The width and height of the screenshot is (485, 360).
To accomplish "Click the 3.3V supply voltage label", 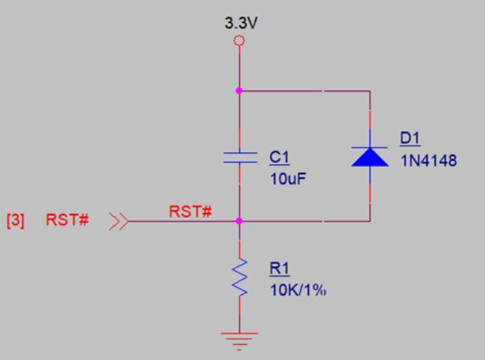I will [x=240, y=24].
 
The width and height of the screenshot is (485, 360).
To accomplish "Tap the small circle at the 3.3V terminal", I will [x=239, y=41].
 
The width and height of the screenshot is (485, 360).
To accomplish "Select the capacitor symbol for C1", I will [x=239, y=157].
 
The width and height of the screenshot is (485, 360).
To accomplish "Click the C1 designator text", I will [x=280, y=157].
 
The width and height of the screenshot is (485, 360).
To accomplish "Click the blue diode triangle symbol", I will [x=370, y=155].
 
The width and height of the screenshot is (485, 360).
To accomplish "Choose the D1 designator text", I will [x=411, y=139].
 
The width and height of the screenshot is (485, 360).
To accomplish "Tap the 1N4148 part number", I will [x=428, y=162].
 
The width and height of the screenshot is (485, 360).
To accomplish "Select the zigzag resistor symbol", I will [x=239, y=278].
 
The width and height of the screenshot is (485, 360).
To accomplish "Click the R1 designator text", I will [x=279, y=268].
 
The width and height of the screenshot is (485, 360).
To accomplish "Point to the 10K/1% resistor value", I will [x=298, y=290].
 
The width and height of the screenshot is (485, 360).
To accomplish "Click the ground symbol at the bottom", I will [x=239, y=337].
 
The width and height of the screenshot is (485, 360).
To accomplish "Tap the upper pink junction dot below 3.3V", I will [x=239, y=90].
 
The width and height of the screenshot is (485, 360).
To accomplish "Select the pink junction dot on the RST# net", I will [x=239, y=221].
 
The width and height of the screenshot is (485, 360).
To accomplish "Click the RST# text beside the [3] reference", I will [x=67, y=221].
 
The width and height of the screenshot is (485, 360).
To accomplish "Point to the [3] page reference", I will [x=15, y=221].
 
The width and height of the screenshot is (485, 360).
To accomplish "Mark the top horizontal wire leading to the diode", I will [x=306, y=90].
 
